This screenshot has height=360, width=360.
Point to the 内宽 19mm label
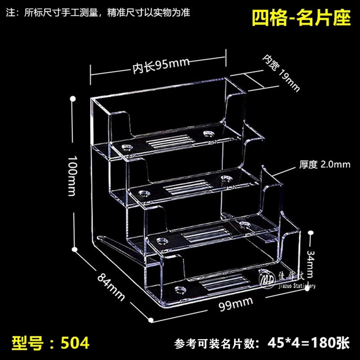pyautogui.click(x=281, y=72)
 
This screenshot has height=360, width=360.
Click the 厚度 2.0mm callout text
pyautogui.click(x=324, y=165)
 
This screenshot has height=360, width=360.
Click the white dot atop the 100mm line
pyautogui.click(x=72, y=97)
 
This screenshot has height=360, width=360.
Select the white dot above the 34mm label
pyautogui.click(x=310, y=233)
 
